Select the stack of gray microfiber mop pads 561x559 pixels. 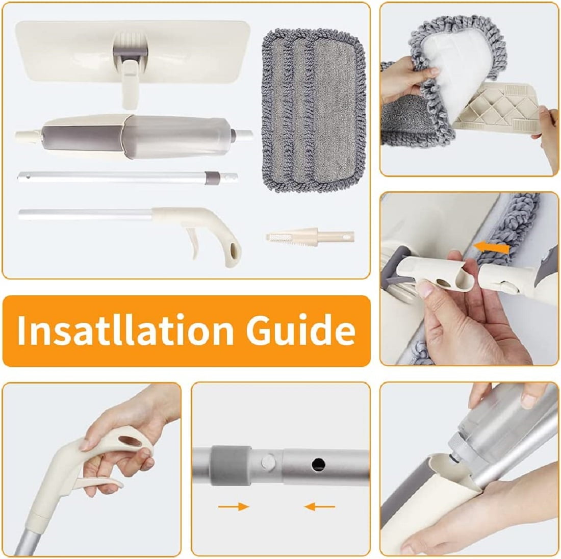(x=314, y=111)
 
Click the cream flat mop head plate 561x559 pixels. (x=133, y=52)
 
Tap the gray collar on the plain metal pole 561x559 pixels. (x=213, y=178)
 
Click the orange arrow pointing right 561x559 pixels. (x=233, y=506)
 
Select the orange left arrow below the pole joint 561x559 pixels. (x=319, y=506)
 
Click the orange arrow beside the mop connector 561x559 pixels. (x=491, y=246)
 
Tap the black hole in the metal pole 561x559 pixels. (x=318, y=465)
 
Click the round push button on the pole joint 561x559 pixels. (x=268, y=462)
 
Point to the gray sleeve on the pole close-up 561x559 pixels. (x=231, y=465)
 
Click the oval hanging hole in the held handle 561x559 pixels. (x=130, y=441)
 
